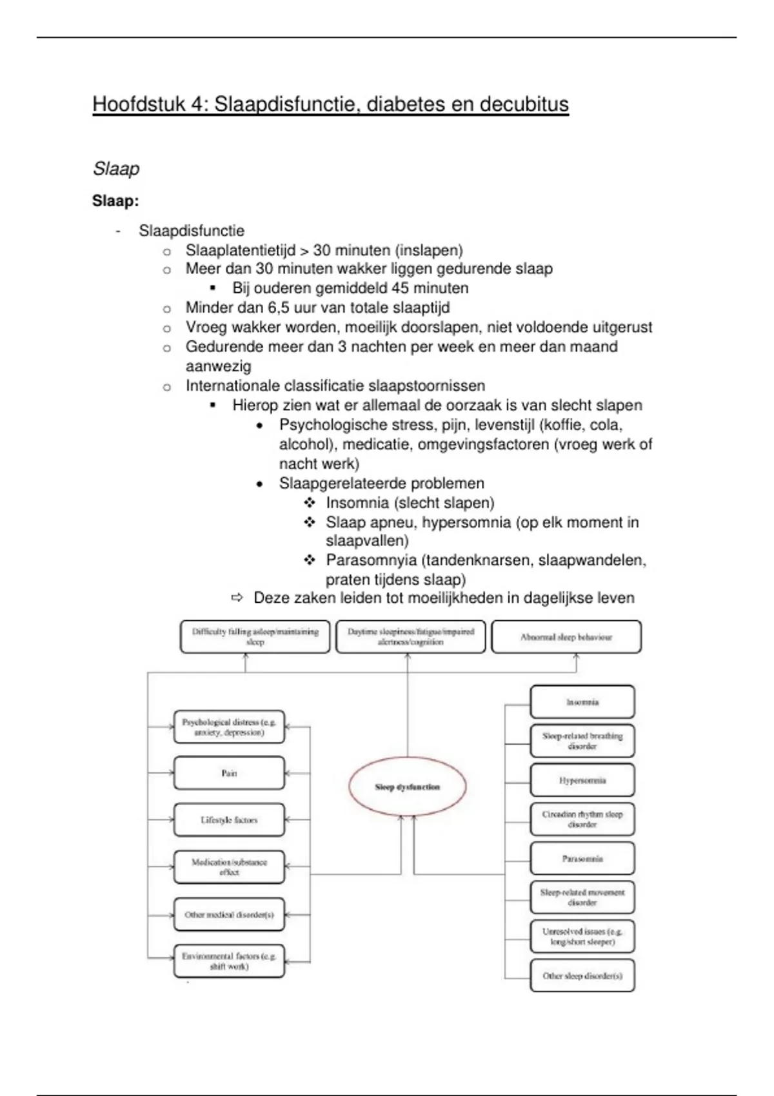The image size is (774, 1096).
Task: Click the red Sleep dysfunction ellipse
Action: point(407,787)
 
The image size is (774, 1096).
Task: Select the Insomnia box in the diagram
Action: point(582,702)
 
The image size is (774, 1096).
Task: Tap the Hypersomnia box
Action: point(582,780)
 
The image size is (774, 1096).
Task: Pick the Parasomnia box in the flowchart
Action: point(582,859)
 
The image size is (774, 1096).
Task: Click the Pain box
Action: point(229,773)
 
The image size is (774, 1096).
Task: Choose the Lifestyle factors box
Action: point(229,820)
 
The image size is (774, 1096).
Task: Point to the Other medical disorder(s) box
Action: point(229,915)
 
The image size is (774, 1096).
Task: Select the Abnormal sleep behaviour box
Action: point(566,637)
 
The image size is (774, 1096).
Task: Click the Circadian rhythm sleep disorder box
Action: point(582,819)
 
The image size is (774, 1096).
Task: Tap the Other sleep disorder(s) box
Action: point(582,976)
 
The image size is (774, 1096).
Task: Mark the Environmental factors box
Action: point(229,961)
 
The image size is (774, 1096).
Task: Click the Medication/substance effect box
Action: point(229,867)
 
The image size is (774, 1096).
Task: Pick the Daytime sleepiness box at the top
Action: point(410,637)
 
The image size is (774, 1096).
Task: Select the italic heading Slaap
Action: point(116,169)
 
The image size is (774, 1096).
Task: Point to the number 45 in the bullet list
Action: point(401,288)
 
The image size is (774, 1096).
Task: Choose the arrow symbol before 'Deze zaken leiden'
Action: point(237,598)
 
